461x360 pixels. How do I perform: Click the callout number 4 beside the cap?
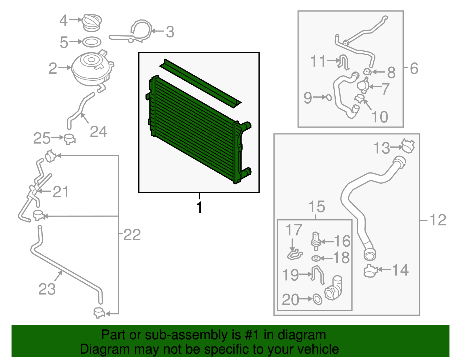click(63, 20)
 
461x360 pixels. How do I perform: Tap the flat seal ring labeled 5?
click(92, 42)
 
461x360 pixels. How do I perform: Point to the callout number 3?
click(170, 32)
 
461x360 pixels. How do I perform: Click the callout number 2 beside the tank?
click(53, 68)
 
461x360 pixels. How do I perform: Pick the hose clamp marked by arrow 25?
click(70, 139)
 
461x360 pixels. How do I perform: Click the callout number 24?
click(99, 132)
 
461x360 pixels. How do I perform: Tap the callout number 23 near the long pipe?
click(47, 289)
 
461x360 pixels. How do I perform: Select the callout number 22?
click(132, 235)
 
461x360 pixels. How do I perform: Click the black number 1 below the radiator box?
click(199, 207)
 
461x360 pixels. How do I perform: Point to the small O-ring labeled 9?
click(329, 98)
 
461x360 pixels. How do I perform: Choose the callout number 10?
click(380, 117)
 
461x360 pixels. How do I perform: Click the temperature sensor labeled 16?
click(316, 242)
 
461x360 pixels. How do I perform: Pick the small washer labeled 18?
click(316, 258)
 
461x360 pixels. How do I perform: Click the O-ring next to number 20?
click(318, 299)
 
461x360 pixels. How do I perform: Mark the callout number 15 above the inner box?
click(317, 207)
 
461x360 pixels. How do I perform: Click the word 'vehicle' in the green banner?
click(318, 349)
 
